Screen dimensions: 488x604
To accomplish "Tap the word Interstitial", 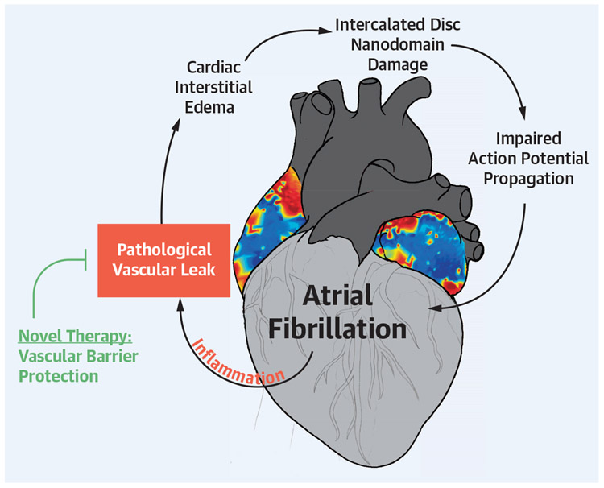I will [219, 87].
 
